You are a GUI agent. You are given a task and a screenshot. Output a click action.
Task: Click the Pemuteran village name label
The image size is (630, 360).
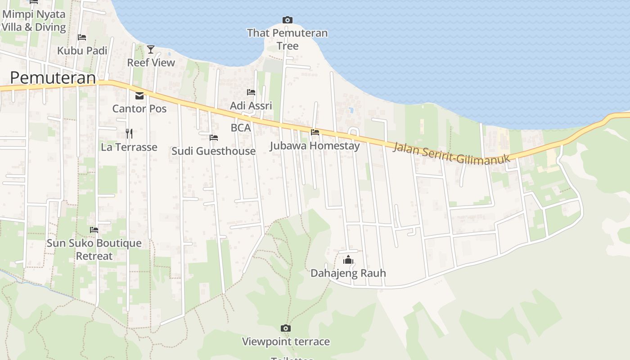click(53, 77)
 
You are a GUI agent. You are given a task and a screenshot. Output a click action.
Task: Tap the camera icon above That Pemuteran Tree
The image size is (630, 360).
click(287, 20)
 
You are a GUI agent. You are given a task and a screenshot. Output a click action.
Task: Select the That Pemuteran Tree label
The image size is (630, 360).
click(287, 39)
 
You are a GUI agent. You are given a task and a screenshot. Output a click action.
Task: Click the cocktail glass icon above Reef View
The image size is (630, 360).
click(150, 49)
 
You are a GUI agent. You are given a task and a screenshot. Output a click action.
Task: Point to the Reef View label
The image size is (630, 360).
click(151, 63)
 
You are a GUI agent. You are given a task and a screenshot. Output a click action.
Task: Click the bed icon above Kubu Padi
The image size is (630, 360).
click(81, 37)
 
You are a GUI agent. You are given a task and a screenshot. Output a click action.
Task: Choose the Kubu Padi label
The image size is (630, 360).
click(82, 50)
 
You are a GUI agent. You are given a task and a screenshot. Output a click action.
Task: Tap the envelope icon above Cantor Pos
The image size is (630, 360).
click(139, 95)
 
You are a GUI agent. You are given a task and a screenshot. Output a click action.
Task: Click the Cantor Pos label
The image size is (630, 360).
click(139, 108)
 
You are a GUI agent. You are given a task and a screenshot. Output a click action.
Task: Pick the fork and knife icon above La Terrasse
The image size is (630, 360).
click(129, 133)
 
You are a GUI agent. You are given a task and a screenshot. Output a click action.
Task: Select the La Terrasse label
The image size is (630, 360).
click(129, 147)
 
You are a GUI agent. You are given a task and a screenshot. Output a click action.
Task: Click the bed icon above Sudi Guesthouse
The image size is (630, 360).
click(214, 137)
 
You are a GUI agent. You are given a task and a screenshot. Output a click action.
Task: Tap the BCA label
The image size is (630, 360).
click(240, 128)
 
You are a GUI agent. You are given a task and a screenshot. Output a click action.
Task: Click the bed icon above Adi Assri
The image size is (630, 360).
click(251, 92)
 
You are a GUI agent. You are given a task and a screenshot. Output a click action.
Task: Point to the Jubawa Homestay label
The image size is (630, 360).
click(315, 146)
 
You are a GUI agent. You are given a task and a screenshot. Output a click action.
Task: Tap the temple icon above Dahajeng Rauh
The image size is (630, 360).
click(348, 260)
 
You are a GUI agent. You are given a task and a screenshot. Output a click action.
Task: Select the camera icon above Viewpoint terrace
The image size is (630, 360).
click(285, 328)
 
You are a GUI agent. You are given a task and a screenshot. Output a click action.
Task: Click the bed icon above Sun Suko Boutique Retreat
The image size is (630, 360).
click(94, 229)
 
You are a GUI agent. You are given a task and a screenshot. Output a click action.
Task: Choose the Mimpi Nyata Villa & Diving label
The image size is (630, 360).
click(34, 21)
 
